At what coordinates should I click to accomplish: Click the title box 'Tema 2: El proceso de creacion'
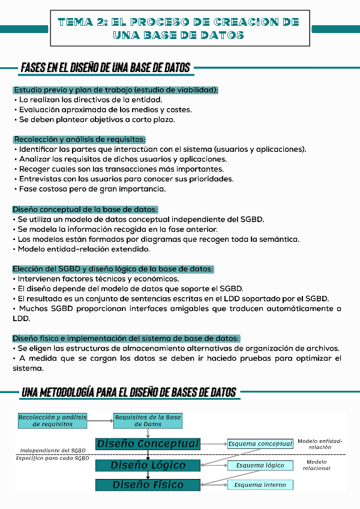(179, 28)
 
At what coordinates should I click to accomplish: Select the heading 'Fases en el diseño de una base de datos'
(106, 67)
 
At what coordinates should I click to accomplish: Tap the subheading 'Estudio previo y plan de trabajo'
(116, 90)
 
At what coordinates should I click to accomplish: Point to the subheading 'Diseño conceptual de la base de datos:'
(85, 209)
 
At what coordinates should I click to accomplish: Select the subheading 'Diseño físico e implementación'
(126, 338)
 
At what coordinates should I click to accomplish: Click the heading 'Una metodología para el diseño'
(128, 393)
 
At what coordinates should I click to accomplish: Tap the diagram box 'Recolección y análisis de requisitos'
(53, 420)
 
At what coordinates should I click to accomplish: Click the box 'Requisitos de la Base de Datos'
(148, 420)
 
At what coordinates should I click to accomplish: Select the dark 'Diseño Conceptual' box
(148, 444)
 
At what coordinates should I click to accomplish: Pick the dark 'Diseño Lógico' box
(148, 465)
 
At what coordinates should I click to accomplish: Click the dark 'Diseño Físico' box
(148, 485)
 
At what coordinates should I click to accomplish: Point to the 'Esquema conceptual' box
(260, 444)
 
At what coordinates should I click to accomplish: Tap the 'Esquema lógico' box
(260, 465)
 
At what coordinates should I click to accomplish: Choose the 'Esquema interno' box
(260, 485)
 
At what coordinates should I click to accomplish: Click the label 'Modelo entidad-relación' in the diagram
(320, 444)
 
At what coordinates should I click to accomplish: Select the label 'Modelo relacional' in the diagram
(316, 465)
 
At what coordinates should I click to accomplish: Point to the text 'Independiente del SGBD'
(53, 450)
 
